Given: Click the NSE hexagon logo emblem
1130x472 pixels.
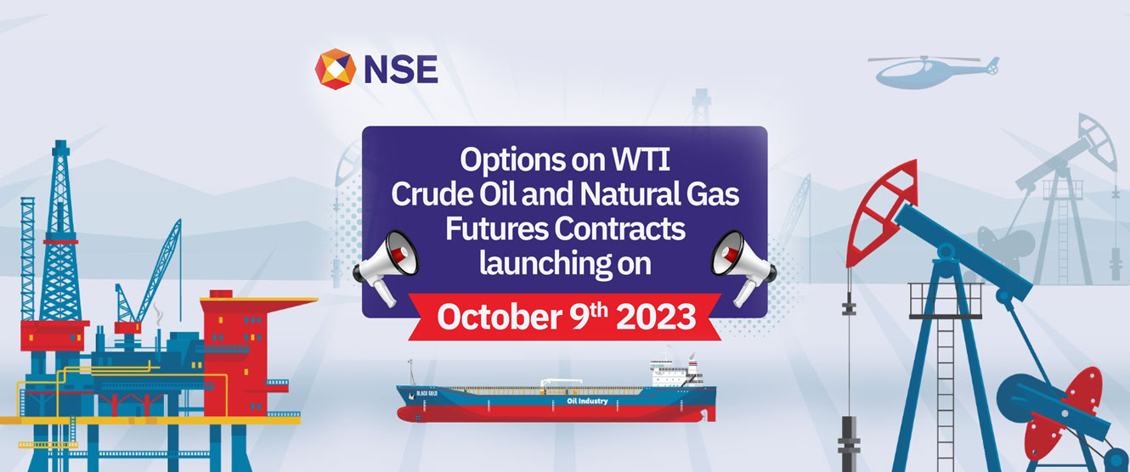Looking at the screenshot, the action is click(336, 69).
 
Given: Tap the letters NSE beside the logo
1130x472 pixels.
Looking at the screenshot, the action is click(401, 70).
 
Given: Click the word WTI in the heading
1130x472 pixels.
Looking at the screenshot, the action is click(641, 160).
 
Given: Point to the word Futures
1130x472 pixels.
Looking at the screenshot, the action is click(496, 228).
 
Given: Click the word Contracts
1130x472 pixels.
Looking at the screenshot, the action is click(619, 228).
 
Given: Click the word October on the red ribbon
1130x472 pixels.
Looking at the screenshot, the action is click(500, 317).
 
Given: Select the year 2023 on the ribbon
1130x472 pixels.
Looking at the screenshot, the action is click(656, 317).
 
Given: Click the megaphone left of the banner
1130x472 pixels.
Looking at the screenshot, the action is click(387, 265).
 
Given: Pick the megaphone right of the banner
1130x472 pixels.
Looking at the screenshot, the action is click(743, 266).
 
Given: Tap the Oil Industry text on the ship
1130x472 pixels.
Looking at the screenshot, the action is click(587, 401).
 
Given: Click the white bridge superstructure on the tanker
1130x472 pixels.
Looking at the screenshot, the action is click(674, 372).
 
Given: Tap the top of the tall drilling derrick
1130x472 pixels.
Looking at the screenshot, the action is click(60, 143).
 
